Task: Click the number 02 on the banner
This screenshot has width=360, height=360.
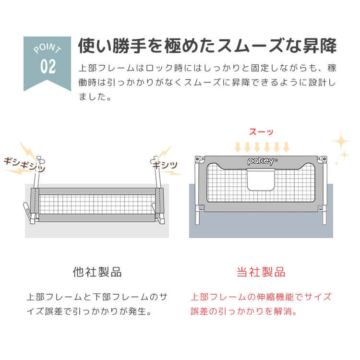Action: pyautogui.click(x=48, y=66)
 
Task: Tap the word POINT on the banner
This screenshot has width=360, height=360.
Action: pyautogui.click(x=48, y=48)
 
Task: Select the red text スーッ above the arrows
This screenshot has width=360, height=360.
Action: pyautogui.click(x=261, y=132)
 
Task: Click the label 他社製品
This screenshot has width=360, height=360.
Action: pyautogui.click(x=97, y=272)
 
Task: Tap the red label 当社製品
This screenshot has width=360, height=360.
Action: pyautogui.click(x=261, y=272)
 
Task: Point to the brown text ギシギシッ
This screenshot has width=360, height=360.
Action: pyautogui.click(x=24, y=165)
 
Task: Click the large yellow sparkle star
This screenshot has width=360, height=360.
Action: pyautogui.click(x=341, y=141)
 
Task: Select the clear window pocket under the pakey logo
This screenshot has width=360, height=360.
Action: pyautogui.click(x=261, y=180)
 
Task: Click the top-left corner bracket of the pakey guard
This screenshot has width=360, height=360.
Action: pyautogui.click(x=199, y=159)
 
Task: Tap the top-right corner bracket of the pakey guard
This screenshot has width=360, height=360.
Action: pyautogui.click(x=322, y=159)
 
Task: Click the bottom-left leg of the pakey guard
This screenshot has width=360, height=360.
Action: pyautogui.click(x=197, y=217)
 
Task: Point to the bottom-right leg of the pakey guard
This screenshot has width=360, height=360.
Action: pyautogui.click(x=324, y=217)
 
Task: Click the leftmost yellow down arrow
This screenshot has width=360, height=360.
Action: pyautogui.click(x=238, y=147)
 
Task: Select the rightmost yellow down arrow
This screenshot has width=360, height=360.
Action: pyautogui.click(x=286, y=147)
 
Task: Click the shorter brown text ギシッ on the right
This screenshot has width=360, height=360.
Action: pyautogui.click(x=165, y=165)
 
